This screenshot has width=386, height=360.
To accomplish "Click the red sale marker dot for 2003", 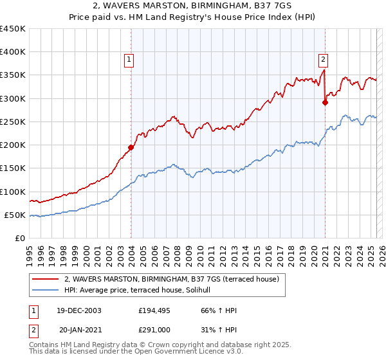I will (x=131, y=147).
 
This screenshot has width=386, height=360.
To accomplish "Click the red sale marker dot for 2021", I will (x=326, y=102).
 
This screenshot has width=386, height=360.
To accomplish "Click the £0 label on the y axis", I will (x=21, y=238).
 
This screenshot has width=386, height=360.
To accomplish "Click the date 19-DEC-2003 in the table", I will (x=77, y=310).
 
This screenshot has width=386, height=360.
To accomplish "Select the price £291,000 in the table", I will (x=154, y=328).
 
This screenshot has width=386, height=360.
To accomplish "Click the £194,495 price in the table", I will (x=154, y=310).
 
